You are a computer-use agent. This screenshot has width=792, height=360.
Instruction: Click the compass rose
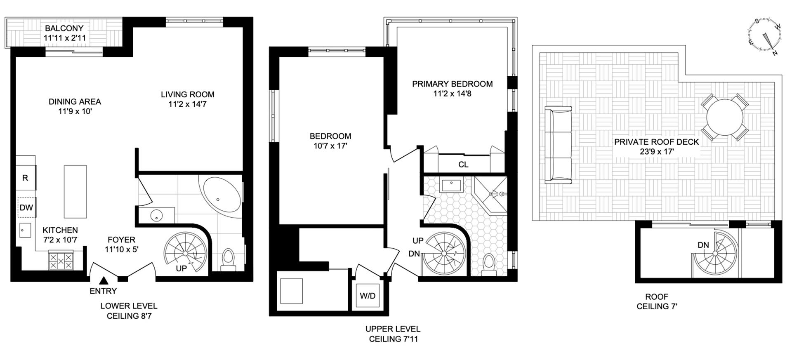point(764,42)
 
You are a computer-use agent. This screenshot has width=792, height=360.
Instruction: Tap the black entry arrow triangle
point(104,281)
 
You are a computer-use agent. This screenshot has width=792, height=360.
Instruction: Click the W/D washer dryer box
point(368,296)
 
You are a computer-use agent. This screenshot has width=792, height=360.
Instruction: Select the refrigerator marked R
point(26,178)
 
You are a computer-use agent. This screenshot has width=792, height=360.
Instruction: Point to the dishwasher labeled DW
point(26,207)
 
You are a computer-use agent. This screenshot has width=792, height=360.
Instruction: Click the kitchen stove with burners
point(61,261)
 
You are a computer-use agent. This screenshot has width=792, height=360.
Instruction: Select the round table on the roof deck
point(725,117)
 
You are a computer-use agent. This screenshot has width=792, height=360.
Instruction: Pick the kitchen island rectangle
point(75,191)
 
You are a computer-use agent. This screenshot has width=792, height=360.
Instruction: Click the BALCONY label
point(64,28)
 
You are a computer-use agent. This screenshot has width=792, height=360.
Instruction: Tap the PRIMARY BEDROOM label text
point(452,84)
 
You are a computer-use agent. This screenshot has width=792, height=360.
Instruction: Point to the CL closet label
point(463,165)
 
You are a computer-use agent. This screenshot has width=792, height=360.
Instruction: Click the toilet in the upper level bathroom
point(488,264)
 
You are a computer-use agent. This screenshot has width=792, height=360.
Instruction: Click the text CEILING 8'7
point(128,316)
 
